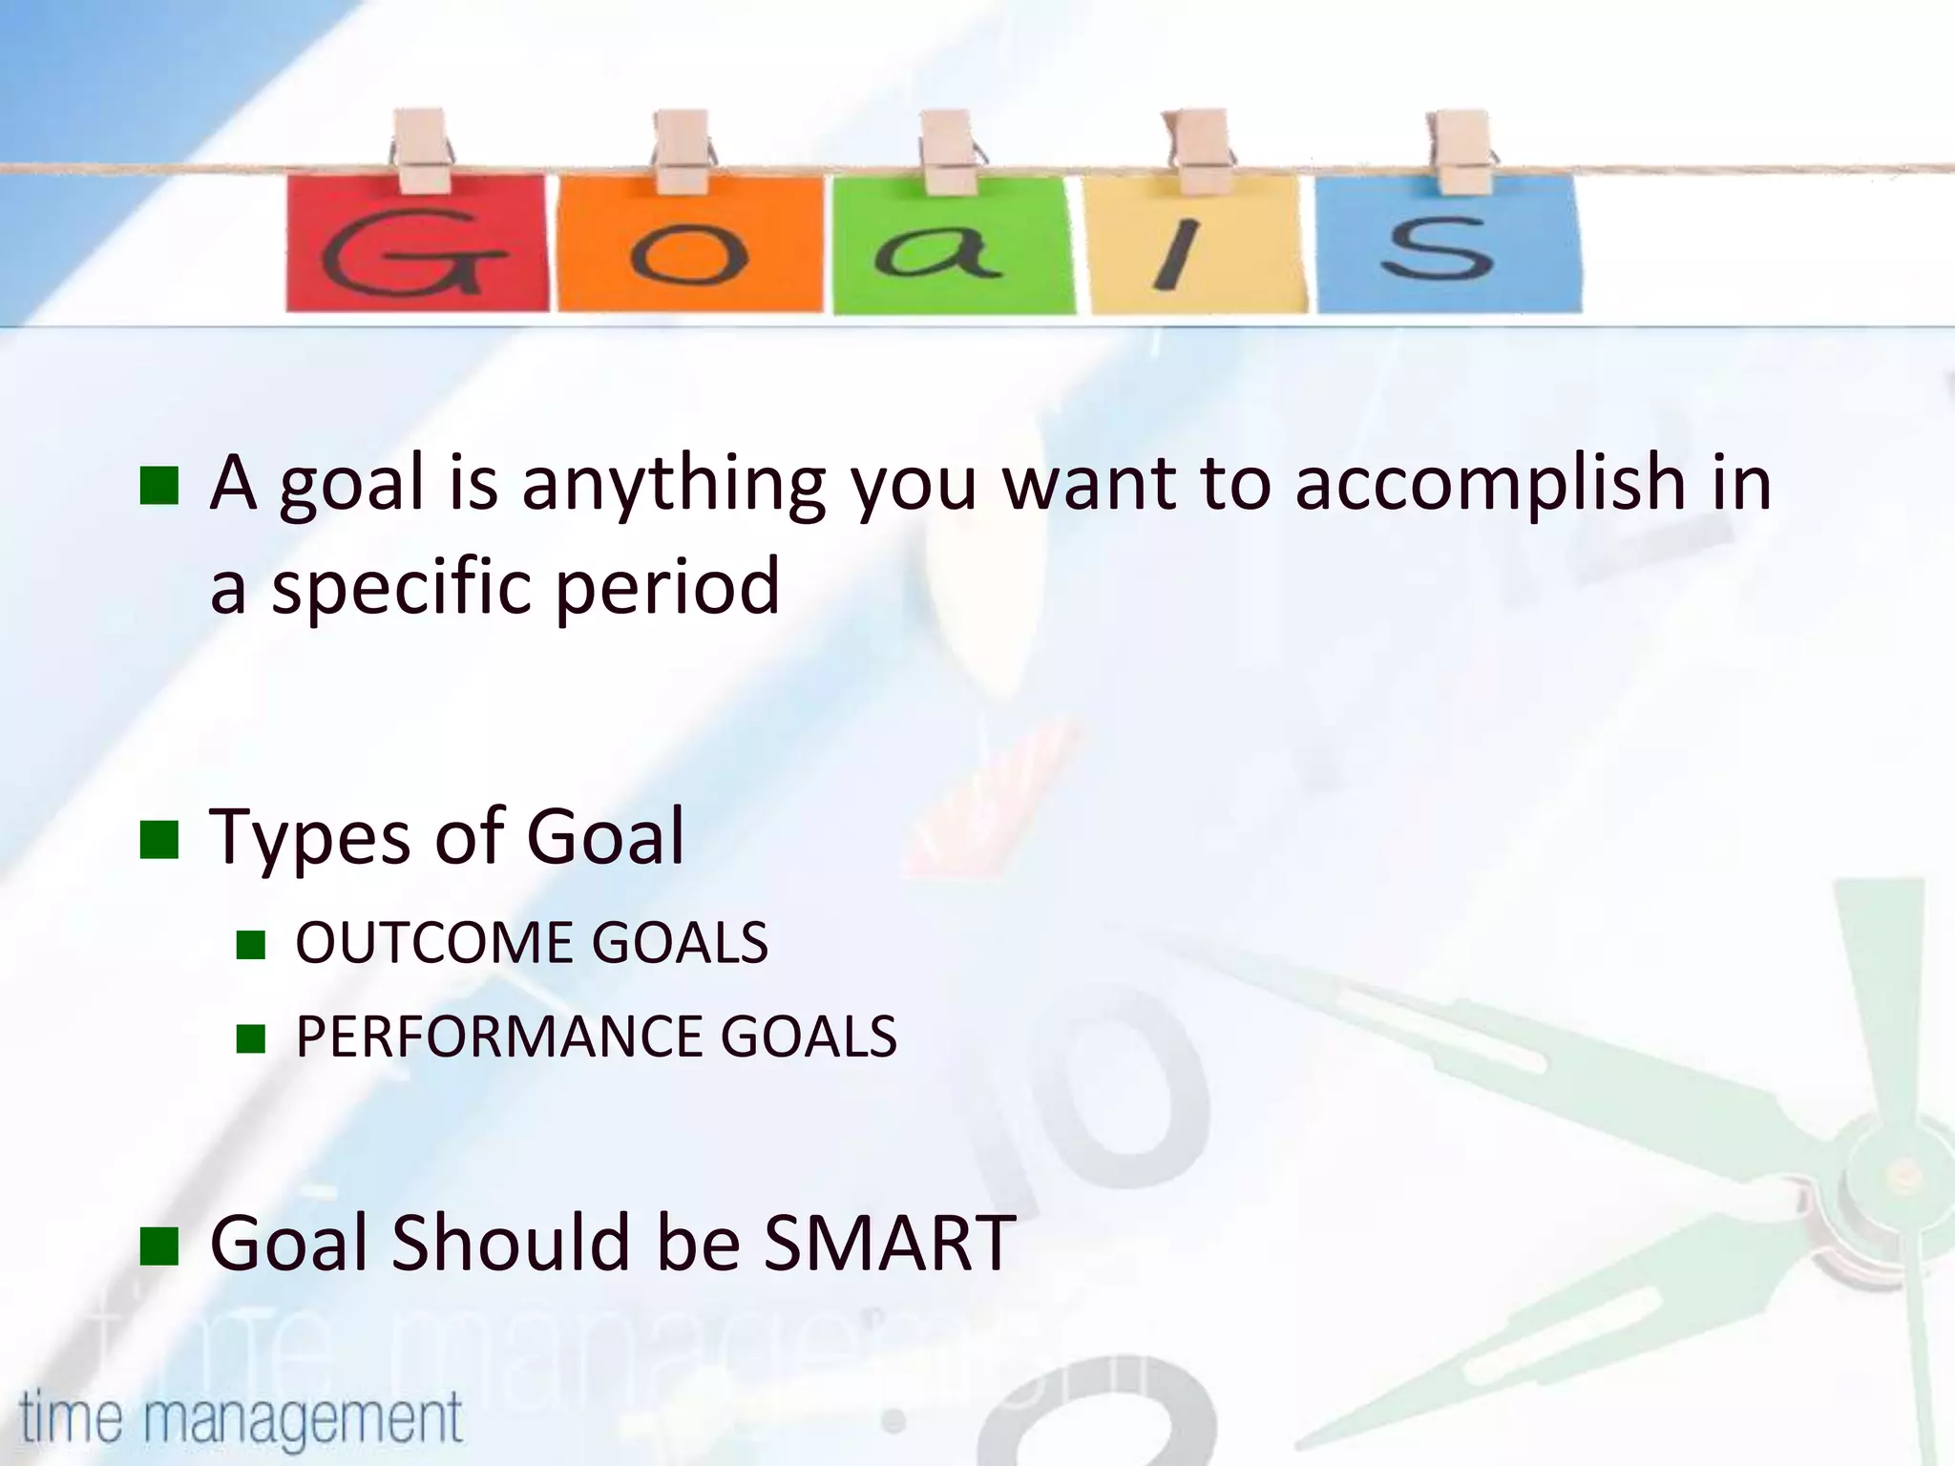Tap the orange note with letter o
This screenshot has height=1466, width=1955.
689,245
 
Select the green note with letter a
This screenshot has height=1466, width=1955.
953,245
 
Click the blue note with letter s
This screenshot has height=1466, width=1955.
1447,245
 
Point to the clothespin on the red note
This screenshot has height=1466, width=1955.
421,151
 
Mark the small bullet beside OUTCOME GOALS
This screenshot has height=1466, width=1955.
250,945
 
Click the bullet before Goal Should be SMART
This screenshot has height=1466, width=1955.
158,1246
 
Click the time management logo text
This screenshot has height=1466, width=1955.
241,1417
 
